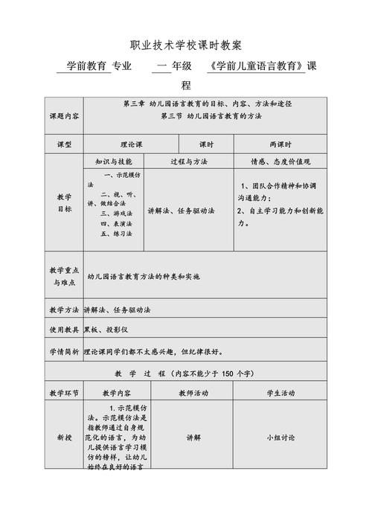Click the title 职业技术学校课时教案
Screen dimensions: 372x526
185,46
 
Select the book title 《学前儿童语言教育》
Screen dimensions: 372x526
257,66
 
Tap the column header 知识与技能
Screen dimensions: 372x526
113,161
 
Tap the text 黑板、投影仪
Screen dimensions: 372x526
107,328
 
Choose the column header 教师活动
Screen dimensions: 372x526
193,393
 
